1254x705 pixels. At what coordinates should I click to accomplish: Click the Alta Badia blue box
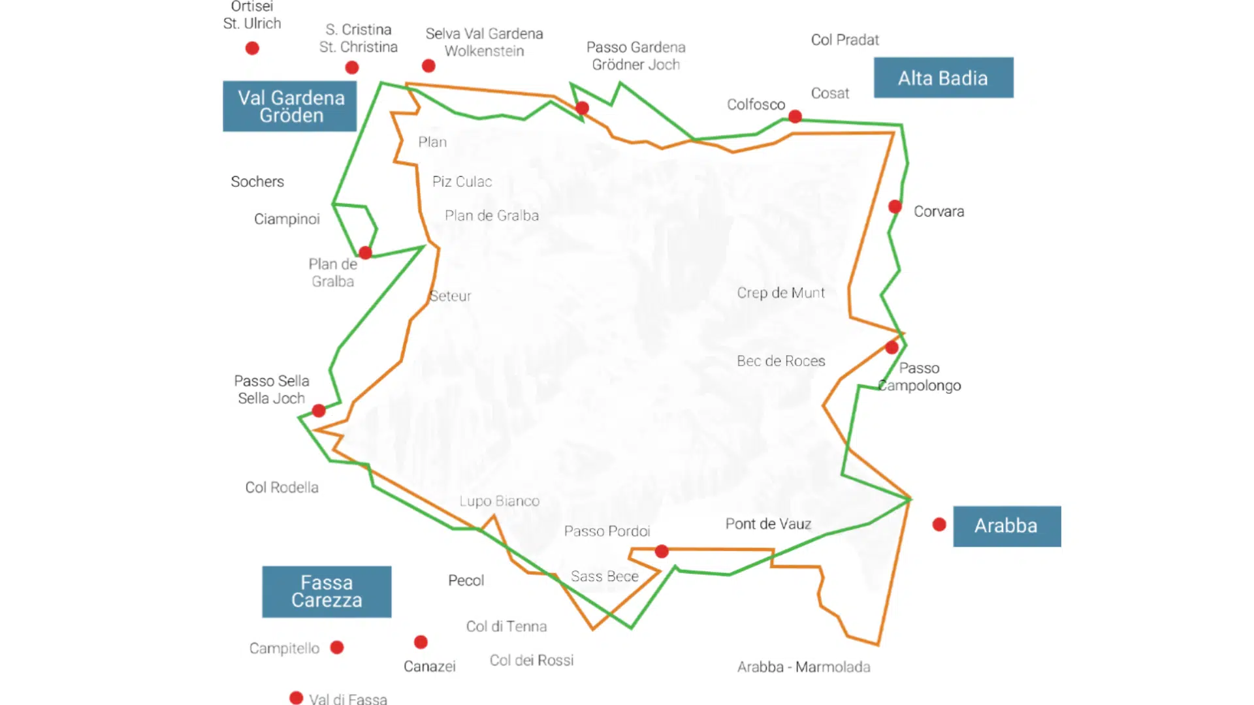(943, 78)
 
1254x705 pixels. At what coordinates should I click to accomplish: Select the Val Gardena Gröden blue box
(290, 106)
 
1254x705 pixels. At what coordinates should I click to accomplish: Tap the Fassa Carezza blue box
(327, 591)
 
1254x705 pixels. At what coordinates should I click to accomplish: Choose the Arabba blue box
(1006, 526)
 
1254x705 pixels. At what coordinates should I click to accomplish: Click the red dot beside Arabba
(939, 524)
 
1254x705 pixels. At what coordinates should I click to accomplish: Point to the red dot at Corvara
(895, 207)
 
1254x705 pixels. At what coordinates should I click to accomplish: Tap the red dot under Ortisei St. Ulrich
(252, 48)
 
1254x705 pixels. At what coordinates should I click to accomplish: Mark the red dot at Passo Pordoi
(662, 552)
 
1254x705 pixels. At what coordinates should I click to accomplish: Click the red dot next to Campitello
(337, 648)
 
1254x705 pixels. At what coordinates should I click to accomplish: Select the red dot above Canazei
(421, 642)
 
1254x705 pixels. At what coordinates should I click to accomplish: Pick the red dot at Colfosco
(795, 117)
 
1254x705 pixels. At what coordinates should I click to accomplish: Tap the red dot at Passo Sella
(319, 411)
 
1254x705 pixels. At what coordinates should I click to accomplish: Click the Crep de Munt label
(780, 293)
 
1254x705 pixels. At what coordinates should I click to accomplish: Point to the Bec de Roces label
(780, 361)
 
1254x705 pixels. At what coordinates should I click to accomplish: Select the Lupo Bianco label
(499, 501)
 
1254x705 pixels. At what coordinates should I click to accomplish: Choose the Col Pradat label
(844, 40)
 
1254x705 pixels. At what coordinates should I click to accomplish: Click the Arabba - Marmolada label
(803, 667)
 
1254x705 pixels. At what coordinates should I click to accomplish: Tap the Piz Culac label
(462, 182)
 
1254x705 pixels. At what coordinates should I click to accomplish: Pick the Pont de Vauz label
(768, 524)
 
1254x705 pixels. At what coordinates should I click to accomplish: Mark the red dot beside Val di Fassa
(297, 698)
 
